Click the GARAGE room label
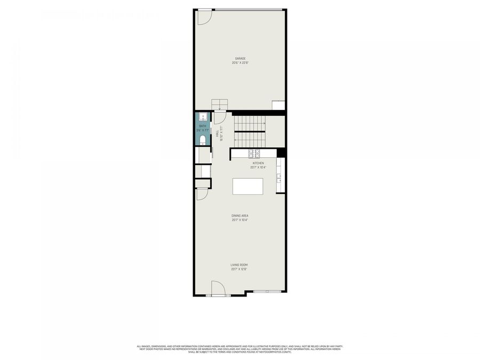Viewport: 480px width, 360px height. (x=240, y=58)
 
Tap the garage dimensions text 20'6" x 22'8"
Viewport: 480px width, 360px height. (x=240, y=63)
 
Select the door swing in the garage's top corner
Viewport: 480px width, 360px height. (x=203, y=17)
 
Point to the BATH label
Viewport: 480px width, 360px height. (x=202, y=126)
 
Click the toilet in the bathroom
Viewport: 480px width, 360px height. (x=203, y=140)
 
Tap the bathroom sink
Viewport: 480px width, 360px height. (x=203, y=117)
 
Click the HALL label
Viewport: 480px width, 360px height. (x=218, y=133)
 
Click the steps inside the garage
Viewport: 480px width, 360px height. (x=220, y=104)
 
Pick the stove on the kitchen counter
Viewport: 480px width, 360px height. (x=253, y=154)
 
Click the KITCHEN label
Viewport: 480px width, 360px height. (x=258, y=163)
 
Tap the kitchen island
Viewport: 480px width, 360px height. (x=248, y=187)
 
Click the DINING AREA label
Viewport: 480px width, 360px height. (x=240, y=216)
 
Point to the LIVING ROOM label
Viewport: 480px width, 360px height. (x=239, y=265)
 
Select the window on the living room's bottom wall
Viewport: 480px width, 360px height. (x=267, y=291)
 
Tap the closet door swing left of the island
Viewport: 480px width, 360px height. (x=202, y=194)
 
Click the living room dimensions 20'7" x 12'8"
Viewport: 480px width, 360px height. (x=239, y=269)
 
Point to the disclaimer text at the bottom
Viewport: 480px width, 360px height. (x=240, y=349)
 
